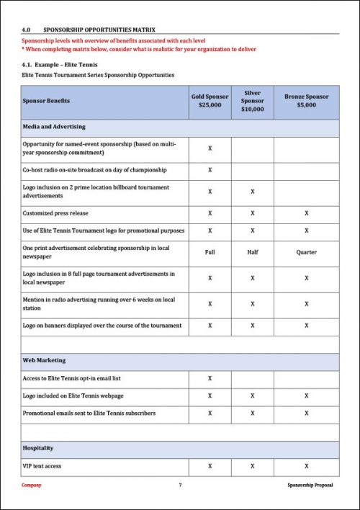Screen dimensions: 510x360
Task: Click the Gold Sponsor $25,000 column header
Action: [210, 101]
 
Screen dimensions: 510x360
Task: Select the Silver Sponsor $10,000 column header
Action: [252, 101]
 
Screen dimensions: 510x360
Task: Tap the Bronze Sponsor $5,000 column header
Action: [307, 101]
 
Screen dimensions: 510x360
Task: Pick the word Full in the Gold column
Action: [210, 253]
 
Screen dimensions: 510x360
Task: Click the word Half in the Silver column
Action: [252, 253]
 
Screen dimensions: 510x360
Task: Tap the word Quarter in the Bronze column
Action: [307, 253]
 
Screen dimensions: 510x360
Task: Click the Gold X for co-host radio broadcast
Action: [210, 170]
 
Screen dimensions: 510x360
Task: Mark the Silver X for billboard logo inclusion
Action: [252, 192]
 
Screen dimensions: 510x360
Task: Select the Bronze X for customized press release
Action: [307, 214]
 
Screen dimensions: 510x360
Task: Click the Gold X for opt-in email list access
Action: [210, 378]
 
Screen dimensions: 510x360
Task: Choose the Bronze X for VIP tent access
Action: [307, 466]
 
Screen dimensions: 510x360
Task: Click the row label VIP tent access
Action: [42, 466]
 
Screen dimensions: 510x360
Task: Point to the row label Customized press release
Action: [55, 214]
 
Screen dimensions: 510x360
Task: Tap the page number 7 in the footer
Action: [180, 486]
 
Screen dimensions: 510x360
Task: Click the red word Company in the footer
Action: [31, 486]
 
